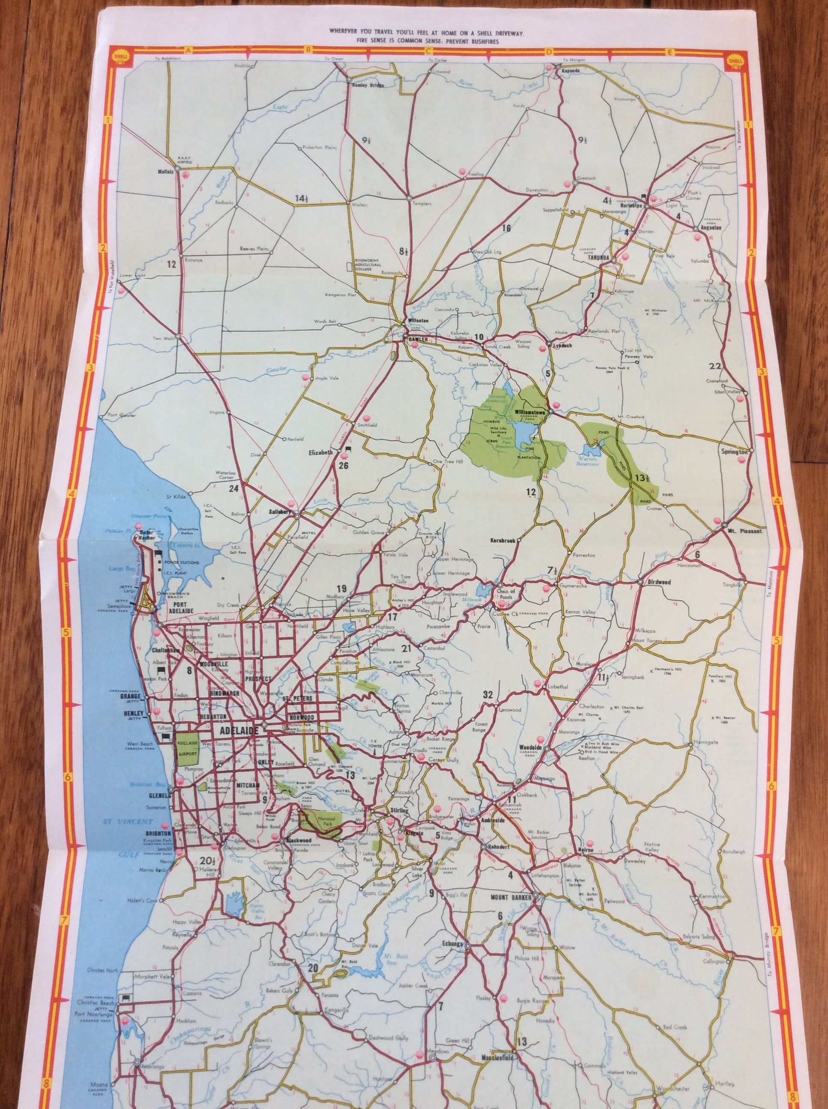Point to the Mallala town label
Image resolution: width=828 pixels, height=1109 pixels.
tap(166, 171)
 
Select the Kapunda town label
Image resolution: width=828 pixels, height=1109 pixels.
tap(568, 71)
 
